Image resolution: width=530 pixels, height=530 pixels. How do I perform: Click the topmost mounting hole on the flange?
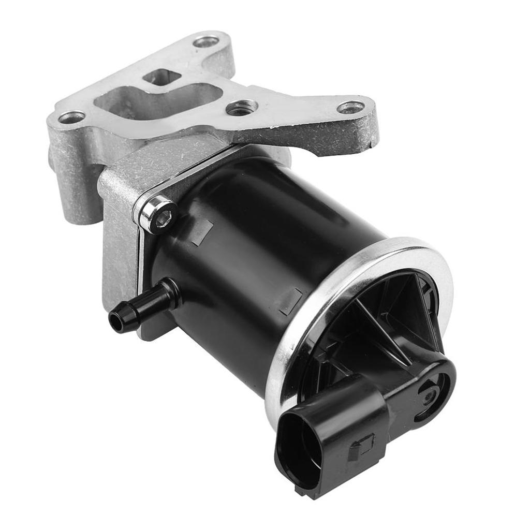point(206,41)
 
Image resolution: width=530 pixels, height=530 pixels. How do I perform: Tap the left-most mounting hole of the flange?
point(72,117)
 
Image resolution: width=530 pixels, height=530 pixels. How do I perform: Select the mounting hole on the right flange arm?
point(350,107)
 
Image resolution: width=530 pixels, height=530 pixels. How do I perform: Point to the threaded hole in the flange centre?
point(242,108)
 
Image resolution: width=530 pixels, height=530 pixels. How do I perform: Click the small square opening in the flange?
point(163,79)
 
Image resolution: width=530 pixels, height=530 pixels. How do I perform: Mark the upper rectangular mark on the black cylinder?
point(202,232)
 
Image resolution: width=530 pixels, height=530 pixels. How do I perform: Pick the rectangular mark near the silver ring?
point(291,301)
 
